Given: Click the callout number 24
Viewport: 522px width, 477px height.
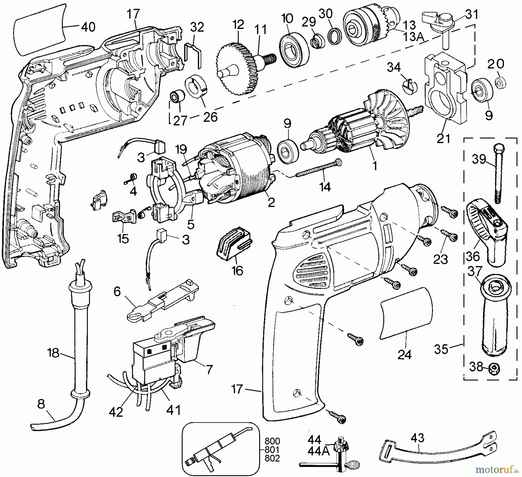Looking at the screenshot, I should pos(404,354).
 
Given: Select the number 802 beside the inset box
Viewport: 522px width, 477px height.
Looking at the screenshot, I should pos(272,458).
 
